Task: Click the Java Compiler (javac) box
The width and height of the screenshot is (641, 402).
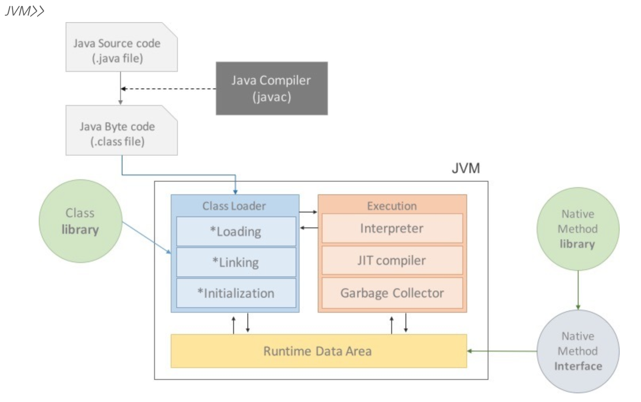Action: coord(271,88)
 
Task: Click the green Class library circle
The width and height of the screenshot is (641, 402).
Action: coord(80,221)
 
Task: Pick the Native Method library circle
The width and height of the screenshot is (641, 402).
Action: coord(578,229)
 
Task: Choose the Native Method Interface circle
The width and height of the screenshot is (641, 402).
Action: coord(578,351)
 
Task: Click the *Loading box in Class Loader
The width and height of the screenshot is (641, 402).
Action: coord(236,231)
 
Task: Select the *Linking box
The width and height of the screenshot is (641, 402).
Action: coord(236,262)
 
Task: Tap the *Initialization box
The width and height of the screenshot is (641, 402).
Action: coord(236,293)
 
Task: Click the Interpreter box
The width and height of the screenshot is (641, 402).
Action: coord(392,228)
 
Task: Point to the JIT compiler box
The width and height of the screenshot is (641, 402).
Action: coord(392,260)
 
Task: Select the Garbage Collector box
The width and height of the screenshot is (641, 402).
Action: coord(392,293)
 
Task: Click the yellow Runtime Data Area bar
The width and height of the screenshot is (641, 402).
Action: coord(318,351)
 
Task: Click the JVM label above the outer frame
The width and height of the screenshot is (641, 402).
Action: coord(466,168)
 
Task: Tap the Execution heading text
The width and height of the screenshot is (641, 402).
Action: coord(392,206)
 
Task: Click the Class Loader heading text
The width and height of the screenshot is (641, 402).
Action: coord(234,206)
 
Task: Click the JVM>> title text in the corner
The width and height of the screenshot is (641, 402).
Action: coord(25,11)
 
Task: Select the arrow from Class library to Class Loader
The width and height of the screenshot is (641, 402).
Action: coord(146,237)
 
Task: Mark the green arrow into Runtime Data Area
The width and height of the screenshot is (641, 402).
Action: coord(502,351)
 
